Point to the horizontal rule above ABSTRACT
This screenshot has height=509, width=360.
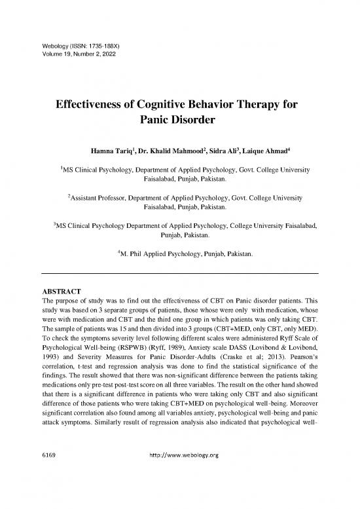[x=180, y=273]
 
